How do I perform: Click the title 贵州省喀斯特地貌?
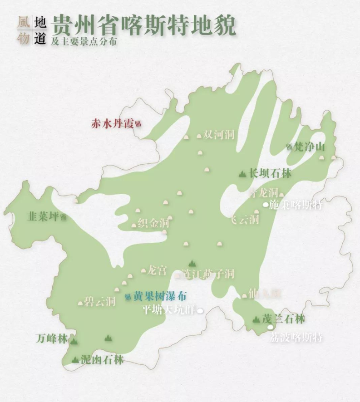144,26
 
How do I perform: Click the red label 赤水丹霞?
112,123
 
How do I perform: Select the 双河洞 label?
219,135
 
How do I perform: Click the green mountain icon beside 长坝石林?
242,173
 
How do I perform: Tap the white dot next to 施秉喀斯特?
265,205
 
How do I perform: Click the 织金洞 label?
153,223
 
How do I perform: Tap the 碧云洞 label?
100,302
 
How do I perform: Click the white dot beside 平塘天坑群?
199,311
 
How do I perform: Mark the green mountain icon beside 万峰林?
73,341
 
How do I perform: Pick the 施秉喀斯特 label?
296,205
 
